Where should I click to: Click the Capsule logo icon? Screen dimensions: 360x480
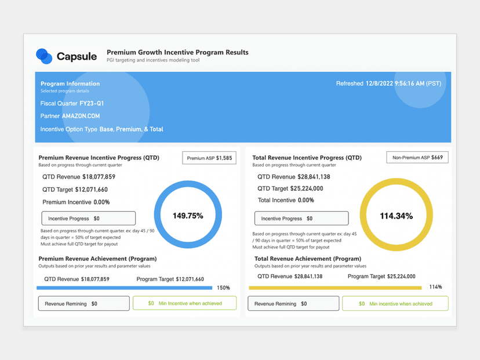pos(44,56)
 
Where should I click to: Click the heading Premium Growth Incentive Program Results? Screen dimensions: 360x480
pos(177,52)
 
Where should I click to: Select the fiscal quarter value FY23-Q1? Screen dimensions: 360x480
pos(92,103)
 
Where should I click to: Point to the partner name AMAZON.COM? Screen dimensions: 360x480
pos(81,116)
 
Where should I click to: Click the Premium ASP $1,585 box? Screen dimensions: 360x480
pos(209,158)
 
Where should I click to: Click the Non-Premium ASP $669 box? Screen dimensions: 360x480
pos(417,157)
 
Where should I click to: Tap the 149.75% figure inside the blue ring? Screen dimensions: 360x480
pos(188,216)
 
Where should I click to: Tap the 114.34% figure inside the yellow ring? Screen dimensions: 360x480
pos(396,216)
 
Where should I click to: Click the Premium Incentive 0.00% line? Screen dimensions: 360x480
pos(76,202)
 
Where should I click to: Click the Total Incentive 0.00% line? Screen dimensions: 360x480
pos(286,200)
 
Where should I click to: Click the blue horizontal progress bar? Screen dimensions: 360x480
pos(124,288)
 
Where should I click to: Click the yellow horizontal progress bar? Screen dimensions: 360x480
pos(335,288)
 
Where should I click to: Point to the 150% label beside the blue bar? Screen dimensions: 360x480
pos(223,288)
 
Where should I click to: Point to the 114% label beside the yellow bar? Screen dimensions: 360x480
pos(435,287)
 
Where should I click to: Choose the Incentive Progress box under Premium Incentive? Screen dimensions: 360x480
pos(88,219)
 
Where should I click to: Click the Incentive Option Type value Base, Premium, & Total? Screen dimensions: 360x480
pos(131,129)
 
